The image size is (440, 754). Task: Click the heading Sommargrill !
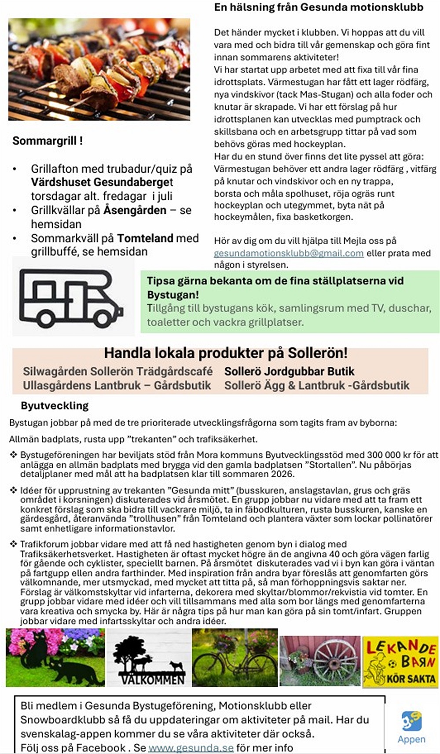tap(48, 141)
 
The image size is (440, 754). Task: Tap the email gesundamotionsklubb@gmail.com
tap(288, 253)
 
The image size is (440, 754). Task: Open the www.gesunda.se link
tap(191, 747)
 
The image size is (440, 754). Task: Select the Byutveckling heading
tap(55, 406)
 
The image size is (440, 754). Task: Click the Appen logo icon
tap(411, 721)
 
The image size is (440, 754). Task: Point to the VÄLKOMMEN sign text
tap(152, 680)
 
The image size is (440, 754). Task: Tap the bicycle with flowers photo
tap(235, 658)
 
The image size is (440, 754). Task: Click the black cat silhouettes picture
tap(55, 658)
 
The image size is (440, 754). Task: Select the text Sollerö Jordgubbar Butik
tap(289, 371)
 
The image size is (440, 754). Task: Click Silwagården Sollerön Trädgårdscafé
tap(117, 371)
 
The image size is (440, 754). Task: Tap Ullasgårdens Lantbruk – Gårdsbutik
tap(117, 385)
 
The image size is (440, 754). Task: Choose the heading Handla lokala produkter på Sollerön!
tap(226, 353)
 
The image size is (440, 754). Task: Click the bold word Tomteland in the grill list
tap(145, 238)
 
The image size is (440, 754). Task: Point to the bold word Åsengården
tap(135, 210)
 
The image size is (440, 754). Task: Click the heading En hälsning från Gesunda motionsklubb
tap(319, 7)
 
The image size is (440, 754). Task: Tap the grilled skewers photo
tap(99, 69)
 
